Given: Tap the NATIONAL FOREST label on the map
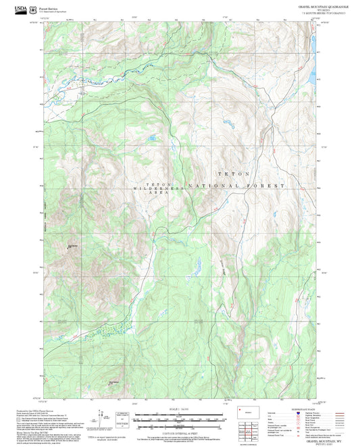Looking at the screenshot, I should pos(236,185).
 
